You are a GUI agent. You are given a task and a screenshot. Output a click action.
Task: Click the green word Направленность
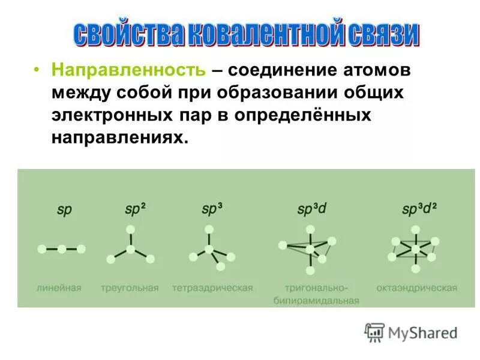(128, 70)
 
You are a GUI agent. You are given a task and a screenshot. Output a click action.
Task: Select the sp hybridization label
(64, 211)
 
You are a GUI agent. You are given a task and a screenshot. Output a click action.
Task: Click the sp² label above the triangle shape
(135, 210)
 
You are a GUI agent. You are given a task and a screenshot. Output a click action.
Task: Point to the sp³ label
(212, 210)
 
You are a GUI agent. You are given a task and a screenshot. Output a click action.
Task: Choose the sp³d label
(311, 210)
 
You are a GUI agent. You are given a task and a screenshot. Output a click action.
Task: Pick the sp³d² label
(419, 210)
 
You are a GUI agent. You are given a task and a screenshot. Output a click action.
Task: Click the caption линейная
(58, 288)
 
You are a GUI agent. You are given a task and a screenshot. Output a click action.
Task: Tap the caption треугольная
(130, 288)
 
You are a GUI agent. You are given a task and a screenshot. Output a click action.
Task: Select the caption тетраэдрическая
(212, 288)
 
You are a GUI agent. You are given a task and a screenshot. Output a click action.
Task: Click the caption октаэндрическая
(417, 288)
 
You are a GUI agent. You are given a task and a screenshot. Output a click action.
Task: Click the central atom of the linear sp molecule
(62, 248)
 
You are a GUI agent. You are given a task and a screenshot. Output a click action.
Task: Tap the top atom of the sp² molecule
(130, 229)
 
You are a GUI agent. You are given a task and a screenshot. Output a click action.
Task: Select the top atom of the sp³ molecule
(209, 229)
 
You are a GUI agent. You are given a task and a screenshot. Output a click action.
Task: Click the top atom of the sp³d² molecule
(415, 229)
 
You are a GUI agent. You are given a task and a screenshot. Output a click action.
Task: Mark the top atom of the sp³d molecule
(310, 229)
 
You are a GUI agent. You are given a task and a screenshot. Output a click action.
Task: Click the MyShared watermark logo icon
(374, 332)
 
